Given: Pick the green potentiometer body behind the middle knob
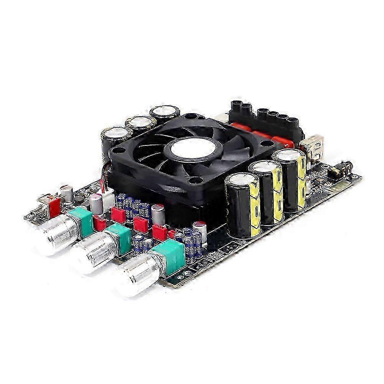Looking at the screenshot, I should click(x=119, y=238).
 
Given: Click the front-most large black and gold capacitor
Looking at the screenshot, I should click(x=242, y=205).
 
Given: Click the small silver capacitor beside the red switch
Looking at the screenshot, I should click(x=68, y=194).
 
